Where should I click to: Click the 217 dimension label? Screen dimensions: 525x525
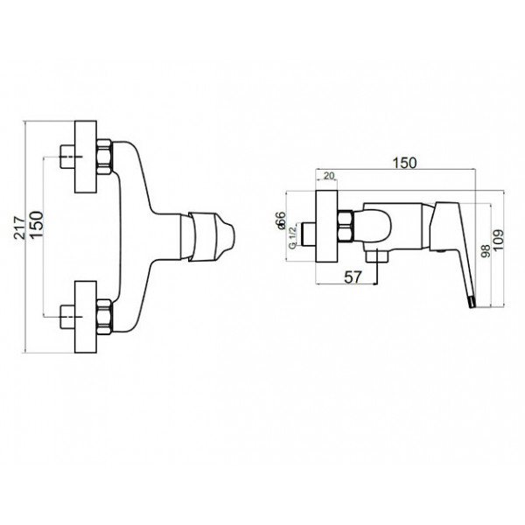[20, 227]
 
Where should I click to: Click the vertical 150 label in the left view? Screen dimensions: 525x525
[37, 224]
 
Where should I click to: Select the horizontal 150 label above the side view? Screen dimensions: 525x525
[404, 163]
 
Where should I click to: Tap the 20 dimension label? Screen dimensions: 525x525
[329, 176]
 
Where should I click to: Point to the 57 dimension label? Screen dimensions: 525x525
[353, 277]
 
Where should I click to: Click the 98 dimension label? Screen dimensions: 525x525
[485, 251]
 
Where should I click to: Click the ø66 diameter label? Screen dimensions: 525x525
[281, 220]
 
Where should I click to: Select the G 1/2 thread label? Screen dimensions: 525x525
[292, 237]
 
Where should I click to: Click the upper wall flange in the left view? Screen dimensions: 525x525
[86, 157]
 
